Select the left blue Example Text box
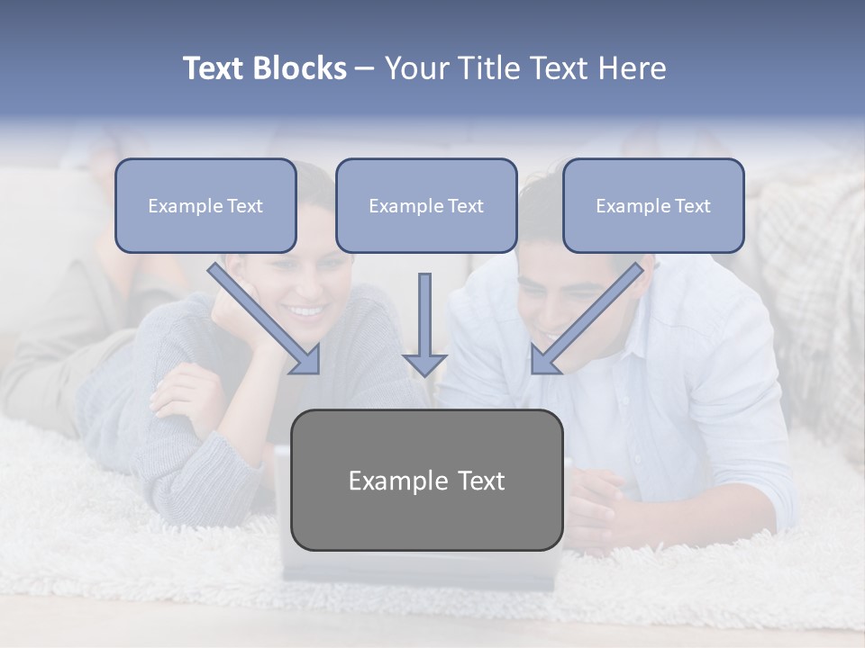tap(205, 205)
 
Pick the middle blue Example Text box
tap(426, 205)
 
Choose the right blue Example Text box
tap(653, 205)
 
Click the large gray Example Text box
tap(426, 480)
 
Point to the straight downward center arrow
tap(424, 319)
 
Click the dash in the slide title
tap(365, 68)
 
